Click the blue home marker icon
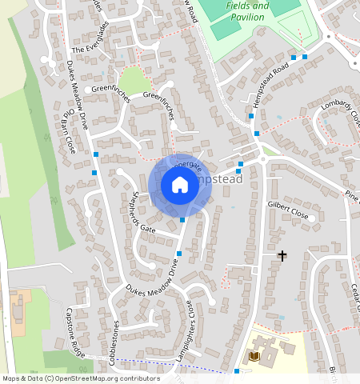click(x=180, y=186)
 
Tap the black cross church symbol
click(x=282, y=256)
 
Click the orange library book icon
click(x=255, y=355)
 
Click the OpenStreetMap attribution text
click(x=80, y=378)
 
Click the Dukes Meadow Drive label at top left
click(x=80, y=90)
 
